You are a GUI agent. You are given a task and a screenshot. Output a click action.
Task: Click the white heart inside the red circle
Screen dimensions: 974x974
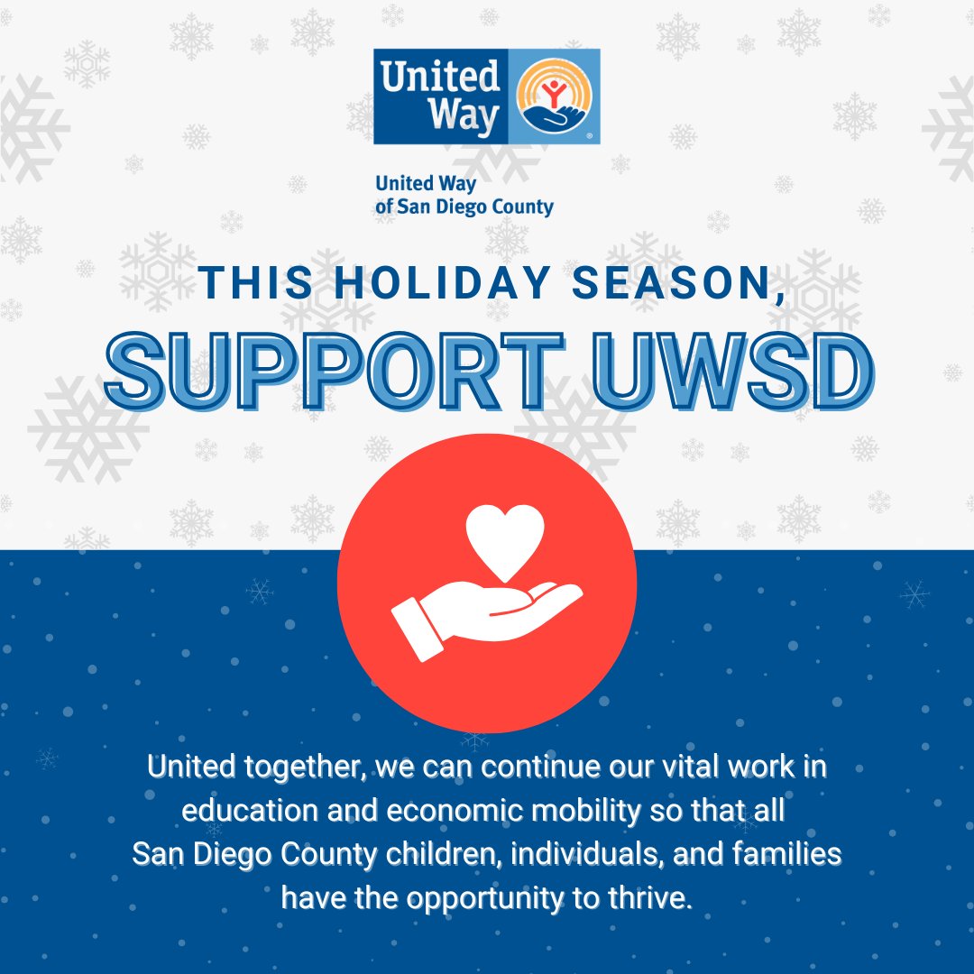[508, 538]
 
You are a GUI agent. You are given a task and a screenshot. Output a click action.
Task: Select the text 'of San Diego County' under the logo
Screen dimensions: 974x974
[464, 207]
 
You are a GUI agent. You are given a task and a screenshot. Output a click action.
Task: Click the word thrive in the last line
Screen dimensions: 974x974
[653, 898]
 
